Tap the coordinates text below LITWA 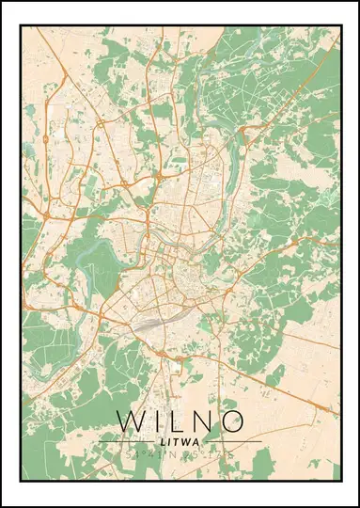[x=180, y=454]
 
